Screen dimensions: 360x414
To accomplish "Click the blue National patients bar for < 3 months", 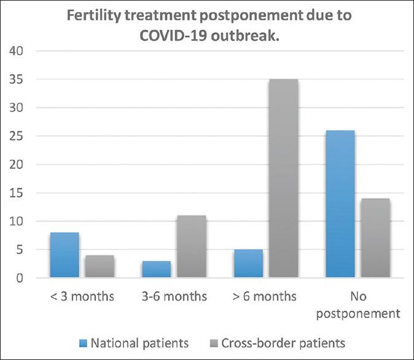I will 64,255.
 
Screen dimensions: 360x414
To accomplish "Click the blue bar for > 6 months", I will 249,264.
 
